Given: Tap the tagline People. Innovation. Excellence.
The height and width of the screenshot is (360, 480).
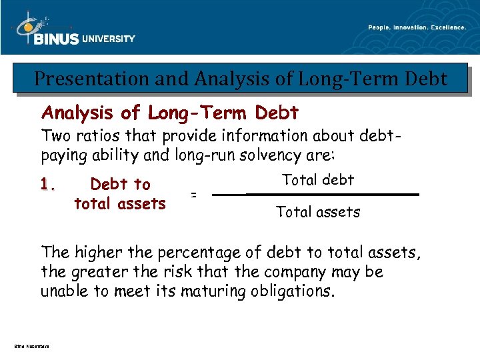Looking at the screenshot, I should click(x=417, y=27).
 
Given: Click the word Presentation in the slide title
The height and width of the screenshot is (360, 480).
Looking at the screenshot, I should click(x=81, y=79).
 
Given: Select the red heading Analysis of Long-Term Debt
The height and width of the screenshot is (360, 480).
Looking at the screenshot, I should click(x=170, y=113).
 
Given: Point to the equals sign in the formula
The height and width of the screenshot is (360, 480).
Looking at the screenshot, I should click(x=194, y=195).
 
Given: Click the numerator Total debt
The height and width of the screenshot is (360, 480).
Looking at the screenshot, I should click(x=318, y=179).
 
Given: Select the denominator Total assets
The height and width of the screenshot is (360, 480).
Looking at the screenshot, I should click(x=318, y=213).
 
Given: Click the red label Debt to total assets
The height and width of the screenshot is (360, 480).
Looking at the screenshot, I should click(x=120, y=193).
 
